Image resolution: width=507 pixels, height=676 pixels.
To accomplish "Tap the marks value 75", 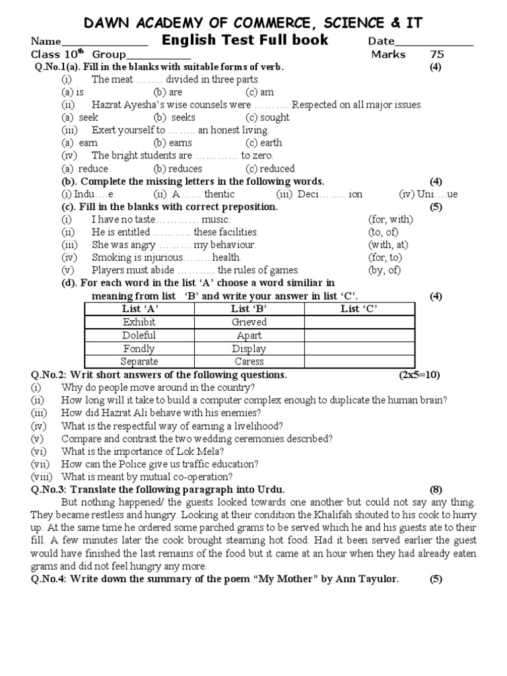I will (x=437, y=54).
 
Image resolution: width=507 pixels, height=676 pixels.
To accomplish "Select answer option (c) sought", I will (x=267, y=118).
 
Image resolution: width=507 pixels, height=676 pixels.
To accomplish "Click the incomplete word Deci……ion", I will (x=320, y=194).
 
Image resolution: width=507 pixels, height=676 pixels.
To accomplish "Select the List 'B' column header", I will (x=249, y=309).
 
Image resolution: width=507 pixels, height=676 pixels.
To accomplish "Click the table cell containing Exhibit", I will (x=139, y=322).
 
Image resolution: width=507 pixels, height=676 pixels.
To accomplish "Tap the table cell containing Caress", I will (x=249, y=361).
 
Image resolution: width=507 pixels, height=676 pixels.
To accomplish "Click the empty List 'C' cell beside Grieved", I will (x=359, y=322).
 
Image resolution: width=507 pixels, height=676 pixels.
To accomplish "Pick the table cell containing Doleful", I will (x=139, y=335).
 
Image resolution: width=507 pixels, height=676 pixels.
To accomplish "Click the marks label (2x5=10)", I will (x=419, y=374).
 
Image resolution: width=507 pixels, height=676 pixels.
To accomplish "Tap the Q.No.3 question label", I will (x=49, y=489).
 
